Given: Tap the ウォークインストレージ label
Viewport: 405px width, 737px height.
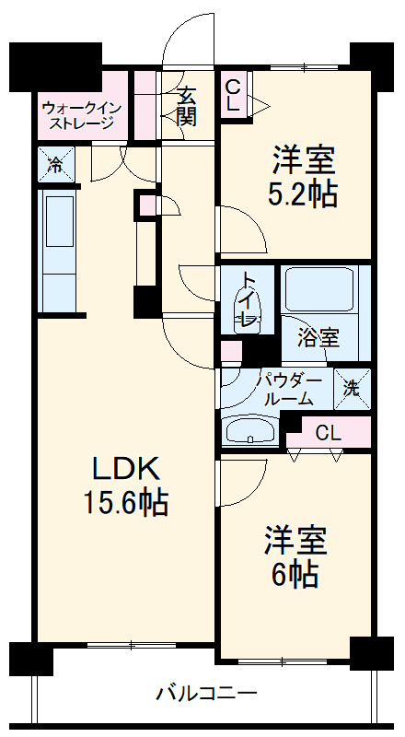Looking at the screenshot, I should pyautogui.click(x=77, y=115).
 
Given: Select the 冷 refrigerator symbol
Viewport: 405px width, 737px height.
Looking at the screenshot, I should pyautogui.click(x=54, y=166).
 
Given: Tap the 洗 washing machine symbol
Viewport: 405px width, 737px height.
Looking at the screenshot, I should pyautogui.click(x=352, y=387).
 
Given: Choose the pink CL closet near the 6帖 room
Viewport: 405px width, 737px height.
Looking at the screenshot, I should pyautogui.click(x=327, y=432).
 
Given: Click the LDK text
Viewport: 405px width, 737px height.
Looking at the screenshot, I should pyautogui.click(x=126, y=469).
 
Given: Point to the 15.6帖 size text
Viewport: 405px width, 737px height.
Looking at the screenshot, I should pyautogui.click(x=126, y=503).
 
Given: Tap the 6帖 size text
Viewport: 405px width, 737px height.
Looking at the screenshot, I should pyautogui.click(x=295, y=574).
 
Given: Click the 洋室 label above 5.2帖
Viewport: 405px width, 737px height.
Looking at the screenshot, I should pyautogui.click(x=302, y=158).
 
